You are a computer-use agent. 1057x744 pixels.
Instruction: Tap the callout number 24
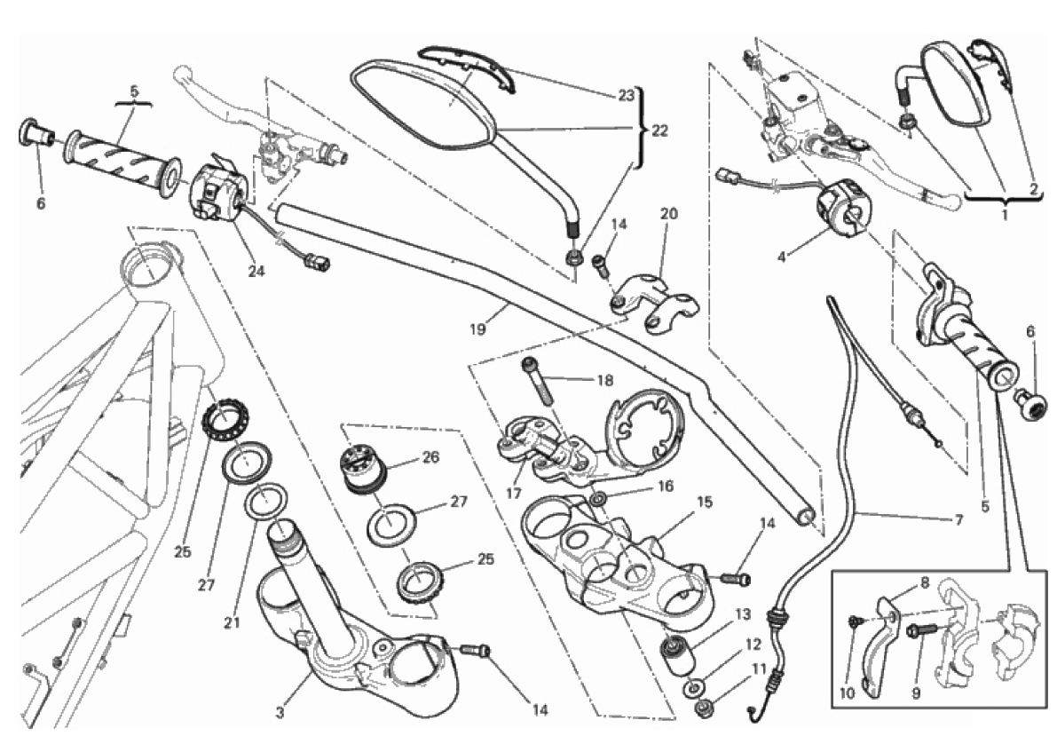[256, 272]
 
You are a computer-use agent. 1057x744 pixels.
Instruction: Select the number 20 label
[668, 214]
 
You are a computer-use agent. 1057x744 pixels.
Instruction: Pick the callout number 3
[280, 713]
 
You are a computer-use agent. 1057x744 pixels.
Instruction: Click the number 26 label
[430, 458]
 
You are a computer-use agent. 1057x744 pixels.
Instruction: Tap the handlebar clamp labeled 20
[652, 302]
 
